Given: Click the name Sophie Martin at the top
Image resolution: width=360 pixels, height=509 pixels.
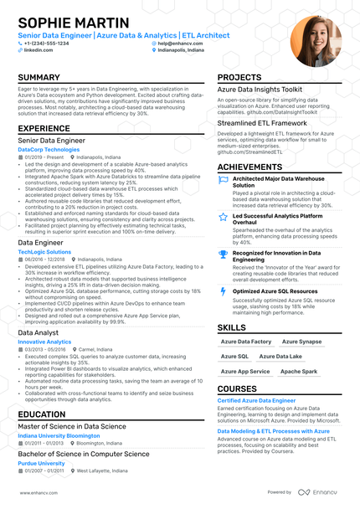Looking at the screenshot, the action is [74, 23].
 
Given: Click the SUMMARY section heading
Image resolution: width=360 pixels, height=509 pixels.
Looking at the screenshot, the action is [39, 78].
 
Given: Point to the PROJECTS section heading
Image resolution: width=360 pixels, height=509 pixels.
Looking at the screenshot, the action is [239, 78].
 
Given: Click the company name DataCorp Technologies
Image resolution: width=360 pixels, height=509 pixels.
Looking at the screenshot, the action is [49, 149].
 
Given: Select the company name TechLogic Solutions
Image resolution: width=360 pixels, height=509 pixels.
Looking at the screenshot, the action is [44, 251].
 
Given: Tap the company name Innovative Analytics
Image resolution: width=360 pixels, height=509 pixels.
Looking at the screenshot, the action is [44, 342].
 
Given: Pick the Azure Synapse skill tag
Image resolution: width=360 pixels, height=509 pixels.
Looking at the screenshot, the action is [301, 342].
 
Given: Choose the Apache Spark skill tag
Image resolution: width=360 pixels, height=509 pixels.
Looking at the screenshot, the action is [299, 370].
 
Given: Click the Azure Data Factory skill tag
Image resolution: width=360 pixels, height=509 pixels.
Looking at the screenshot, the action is [246, 342].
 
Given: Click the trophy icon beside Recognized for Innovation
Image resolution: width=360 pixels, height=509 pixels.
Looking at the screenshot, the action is [223, 254].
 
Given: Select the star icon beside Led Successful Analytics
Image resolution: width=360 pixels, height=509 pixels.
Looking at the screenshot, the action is [223, 217].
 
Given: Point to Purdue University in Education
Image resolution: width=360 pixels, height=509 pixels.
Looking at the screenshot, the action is [41, 462].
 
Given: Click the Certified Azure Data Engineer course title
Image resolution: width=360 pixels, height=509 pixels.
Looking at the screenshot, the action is [256, 401].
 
